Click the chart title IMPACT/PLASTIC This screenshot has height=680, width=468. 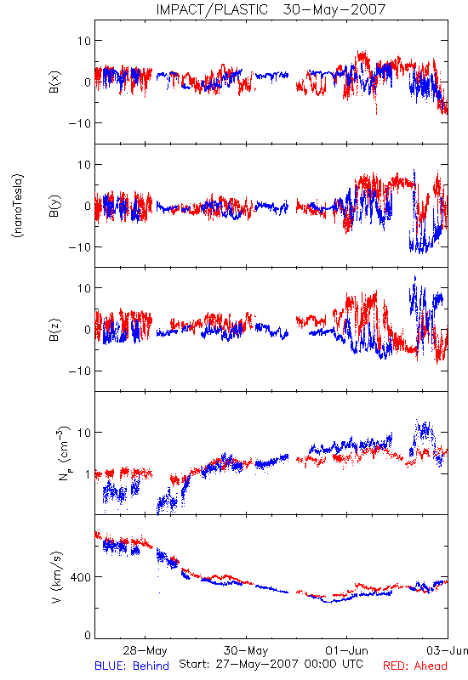click(x=212, y=9)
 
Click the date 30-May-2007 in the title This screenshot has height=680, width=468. click(x=334, y=9)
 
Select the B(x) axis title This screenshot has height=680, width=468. click(x=54, y=82)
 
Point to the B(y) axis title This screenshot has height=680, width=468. click(x=54, y=206)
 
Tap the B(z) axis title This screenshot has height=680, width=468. click(x=54, y=330)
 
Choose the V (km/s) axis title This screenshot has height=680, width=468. click(x=57, y=577)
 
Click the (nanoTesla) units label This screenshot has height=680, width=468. click(x=18, y=206)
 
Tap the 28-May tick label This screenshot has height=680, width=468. click(x=145, y=650)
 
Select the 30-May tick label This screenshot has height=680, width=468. click(x=246, y=650)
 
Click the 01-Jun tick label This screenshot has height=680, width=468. click(x=346, y=650)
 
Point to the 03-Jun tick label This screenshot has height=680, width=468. click(x=447, y=650)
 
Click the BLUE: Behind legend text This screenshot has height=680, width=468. click(x=132, y=666)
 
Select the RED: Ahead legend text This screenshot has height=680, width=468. click(x=415, y=666)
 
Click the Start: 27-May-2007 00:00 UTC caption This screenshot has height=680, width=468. click(x=271, y=664)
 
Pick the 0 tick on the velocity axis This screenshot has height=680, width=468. click(x=88, y=636)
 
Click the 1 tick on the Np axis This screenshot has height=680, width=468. click(x=88, y=474)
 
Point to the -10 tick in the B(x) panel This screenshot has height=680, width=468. click(x=79, y=123)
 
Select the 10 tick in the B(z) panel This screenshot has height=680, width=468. click(x=83, y=288)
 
